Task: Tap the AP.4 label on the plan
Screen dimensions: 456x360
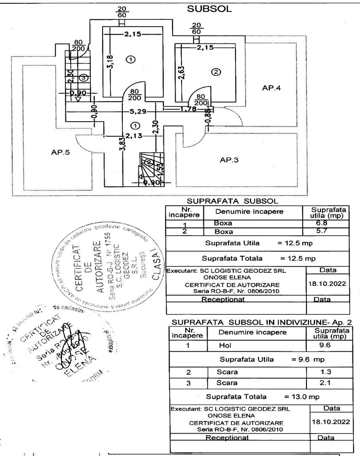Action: pos(271,88)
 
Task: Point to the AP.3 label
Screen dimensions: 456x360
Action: pos(230,160)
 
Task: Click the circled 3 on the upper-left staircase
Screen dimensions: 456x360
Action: pos(84,78)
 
